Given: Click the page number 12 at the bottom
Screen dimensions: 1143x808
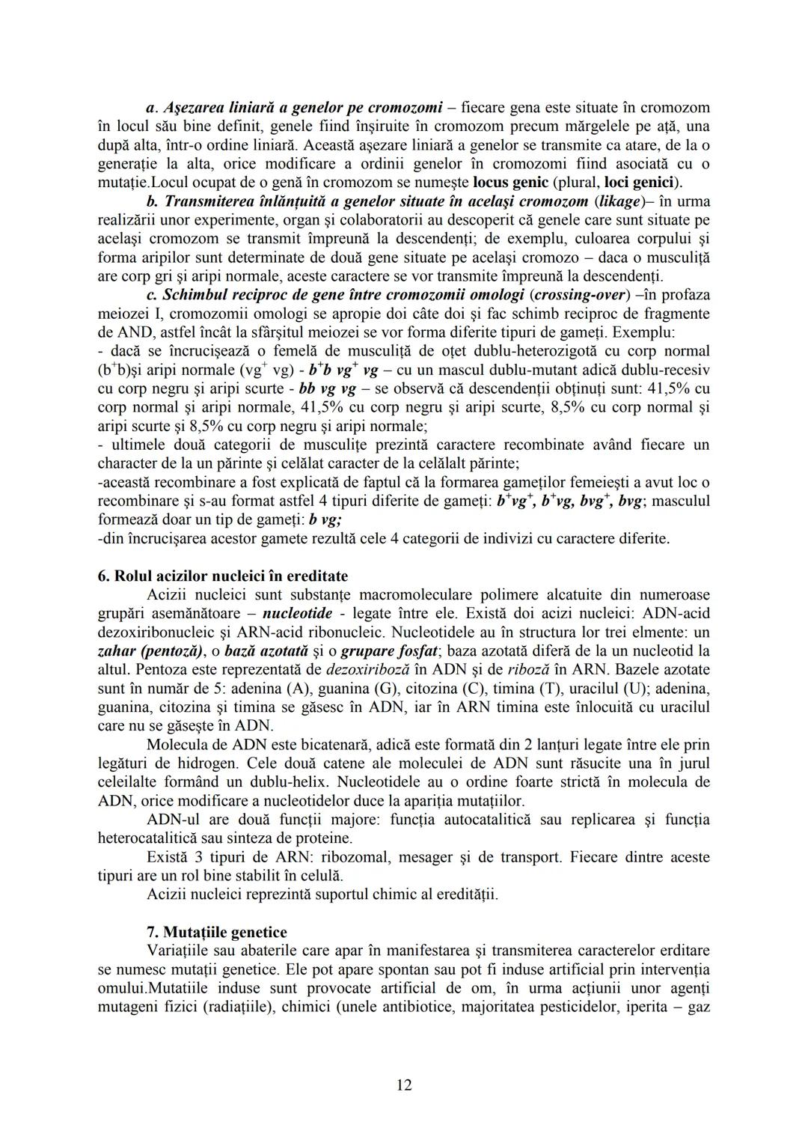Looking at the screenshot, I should point(404,1085).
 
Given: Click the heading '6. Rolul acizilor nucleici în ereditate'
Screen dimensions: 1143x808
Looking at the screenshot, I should point(223,576).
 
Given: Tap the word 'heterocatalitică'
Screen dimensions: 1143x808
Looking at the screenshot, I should point(150,838).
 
